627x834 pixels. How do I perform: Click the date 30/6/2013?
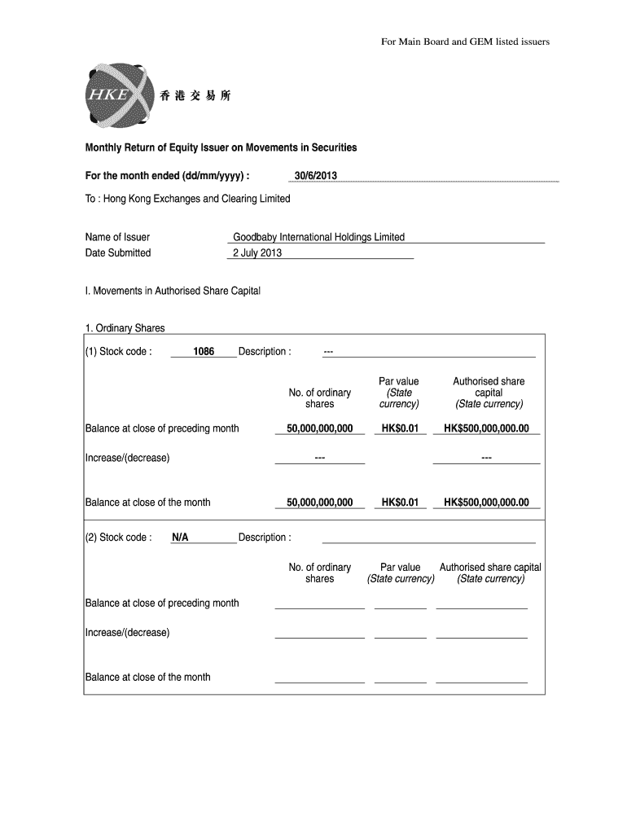(x=315, y=176)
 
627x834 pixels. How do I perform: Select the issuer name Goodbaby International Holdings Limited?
(x=318, y=237)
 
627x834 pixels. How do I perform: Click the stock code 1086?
(x=204, y=352)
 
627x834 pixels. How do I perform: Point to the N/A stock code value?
(x=180, y=538)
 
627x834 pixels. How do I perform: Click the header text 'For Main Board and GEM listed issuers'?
(x=465, y=42)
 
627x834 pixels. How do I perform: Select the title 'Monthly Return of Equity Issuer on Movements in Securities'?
(x=221, y=147)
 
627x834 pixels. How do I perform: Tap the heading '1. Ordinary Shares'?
(x=125, y=328)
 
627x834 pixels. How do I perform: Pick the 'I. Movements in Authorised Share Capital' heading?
(x=173, y=291)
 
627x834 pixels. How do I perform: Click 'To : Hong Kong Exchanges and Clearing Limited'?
(x=187, y=199)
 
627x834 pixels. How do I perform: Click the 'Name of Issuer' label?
(x=117, y=237)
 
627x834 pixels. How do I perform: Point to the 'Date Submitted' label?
(x=118, y=252)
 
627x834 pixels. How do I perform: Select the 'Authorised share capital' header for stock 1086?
(x=489, y=393)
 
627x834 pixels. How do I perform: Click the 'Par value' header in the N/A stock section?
(x=400, y=573)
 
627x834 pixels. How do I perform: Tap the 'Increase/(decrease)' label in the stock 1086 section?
(x=127, y=458)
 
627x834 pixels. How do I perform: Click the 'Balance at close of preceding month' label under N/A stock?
(x=162, y=603)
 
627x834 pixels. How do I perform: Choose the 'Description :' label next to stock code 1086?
(x=265, y=352)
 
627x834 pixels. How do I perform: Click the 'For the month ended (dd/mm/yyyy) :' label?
(x=168, y=176)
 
